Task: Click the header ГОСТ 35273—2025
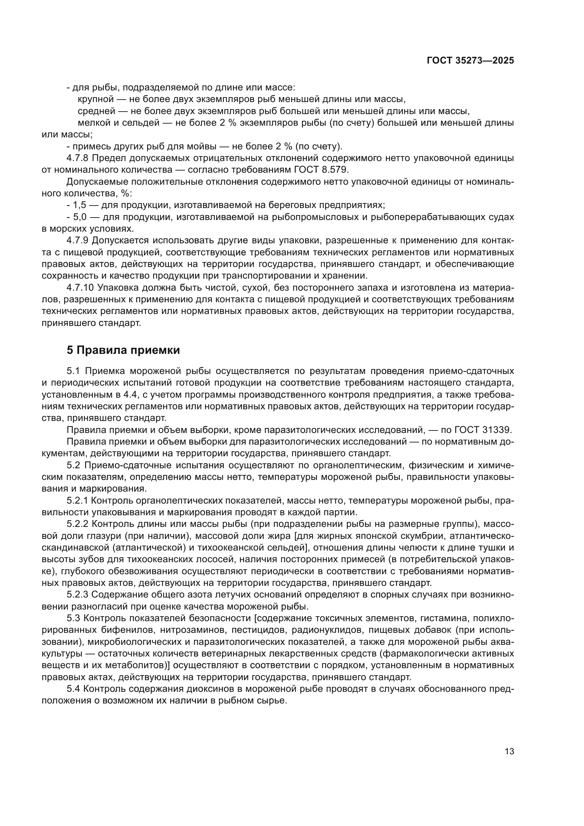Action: (470, 60)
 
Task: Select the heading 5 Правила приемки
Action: (123, 350)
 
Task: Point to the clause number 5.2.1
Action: (77, 500)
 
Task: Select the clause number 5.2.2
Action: (77, 524)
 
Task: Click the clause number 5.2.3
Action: (77, 595)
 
